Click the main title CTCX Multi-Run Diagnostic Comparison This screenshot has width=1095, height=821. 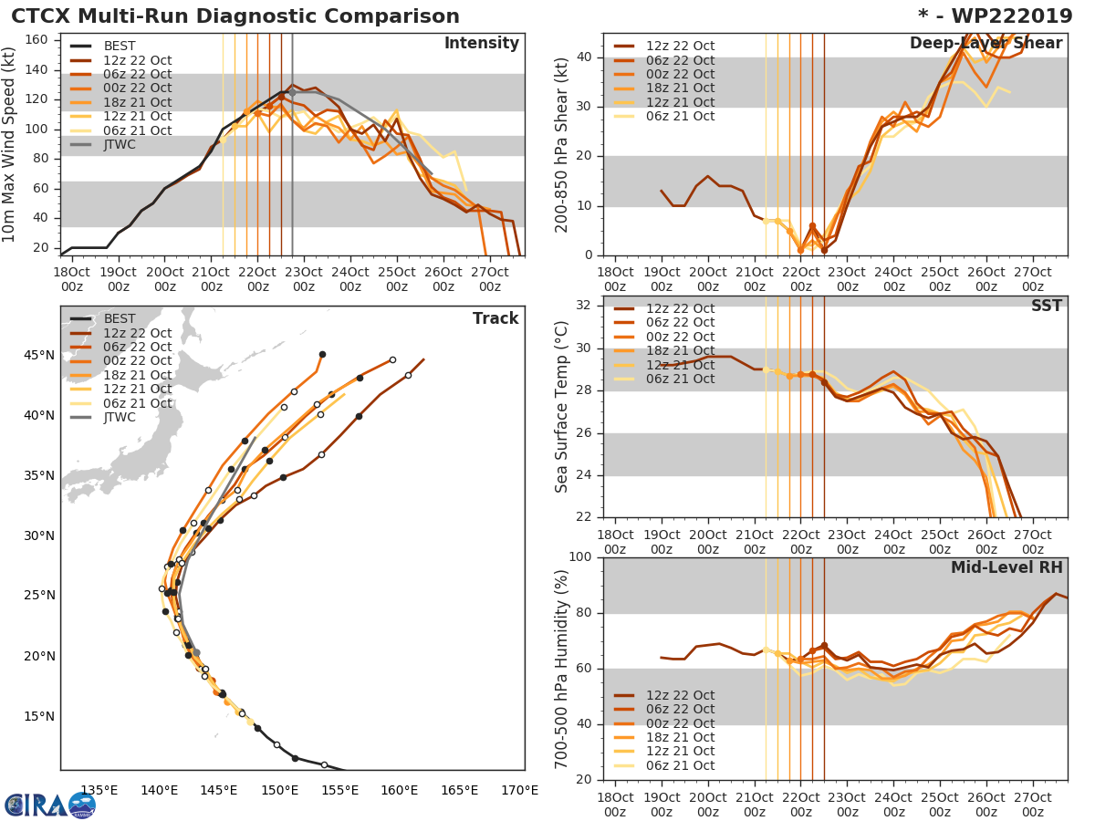(235, 16)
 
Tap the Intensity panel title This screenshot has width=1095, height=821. (481, 44)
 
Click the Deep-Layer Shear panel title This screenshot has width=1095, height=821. (985, 44)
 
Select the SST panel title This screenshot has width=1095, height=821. (1047, 306)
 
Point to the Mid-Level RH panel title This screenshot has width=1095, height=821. (1006, 567)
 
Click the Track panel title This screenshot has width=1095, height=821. (495, 318)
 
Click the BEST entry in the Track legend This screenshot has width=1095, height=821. (120, 318)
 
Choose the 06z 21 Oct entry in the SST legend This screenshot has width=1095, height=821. (681, 379)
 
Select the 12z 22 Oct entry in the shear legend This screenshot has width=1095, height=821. (681, 47)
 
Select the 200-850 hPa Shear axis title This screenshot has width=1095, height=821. (563, 144)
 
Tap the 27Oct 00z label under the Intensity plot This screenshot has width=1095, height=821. (489, 277)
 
